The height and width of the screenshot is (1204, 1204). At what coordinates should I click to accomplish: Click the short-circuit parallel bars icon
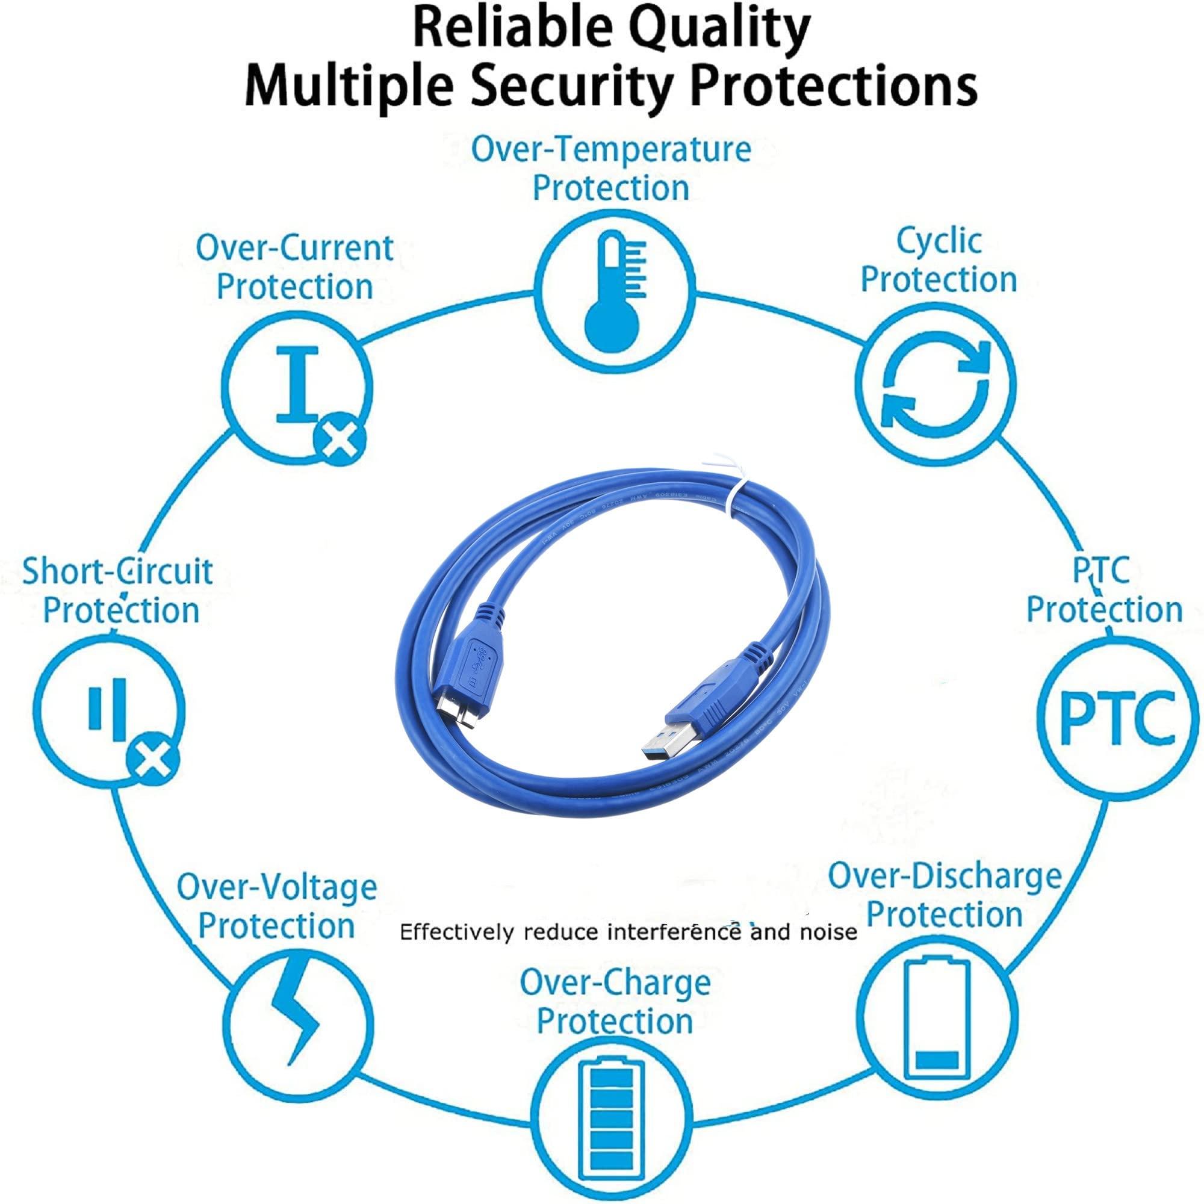click(108, 710)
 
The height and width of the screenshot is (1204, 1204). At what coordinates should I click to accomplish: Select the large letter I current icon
click(298, 383)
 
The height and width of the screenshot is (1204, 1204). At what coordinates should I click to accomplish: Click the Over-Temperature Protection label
click(610, 169)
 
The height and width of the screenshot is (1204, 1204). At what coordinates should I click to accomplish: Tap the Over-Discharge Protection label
click(944, 896)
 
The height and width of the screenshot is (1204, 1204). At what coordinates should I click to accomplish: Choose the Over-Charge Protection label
click(615, 1002)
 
